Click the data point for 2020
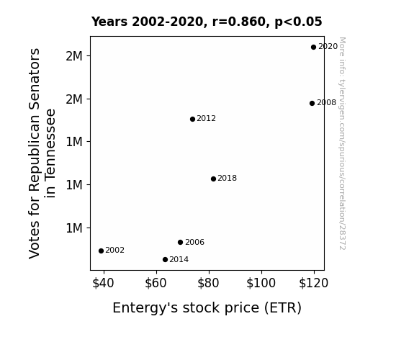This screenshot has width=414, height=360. pos(313,48)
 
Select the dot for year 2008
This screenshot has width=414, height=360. pos(312,103)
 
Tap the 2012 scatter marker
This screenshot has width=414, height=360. pos(192,119)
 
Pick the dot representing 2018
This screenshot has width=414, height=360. pos(213,179)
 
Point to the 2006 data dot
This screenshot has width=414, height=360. pos(180,242)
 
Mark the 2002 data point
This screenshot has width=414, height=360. pos(101,251)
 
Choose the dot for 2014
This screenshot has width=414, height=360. pos(166,260)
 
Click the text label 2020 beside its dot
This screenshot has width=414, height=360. pos(328,47)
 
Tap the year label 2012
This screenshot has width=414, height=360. pos(206,118)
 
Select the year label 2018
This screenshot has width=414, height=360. pos(227,178)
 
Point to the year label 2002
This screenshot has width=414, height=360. pos(115,250)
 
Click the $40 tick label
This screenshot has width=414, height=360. pos(103,283)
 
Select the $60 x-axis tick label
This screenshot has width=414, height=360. pos(156,283)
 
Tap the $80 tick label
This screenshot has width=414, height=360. pos(208,283)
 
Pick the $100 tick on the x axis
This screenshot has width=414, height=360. pos(261,283)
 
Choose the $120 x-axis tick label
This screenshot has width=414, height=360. pos(313,283)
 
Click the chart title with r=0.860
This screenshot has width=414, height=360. pos(207,22)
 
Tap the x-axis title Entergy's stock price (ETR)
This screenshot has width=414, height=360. pos(207,308)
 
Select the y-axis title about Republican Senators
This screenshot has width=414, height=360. pos(42,153)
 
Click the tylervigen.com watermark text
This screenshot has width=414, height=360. pos(342,143)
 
